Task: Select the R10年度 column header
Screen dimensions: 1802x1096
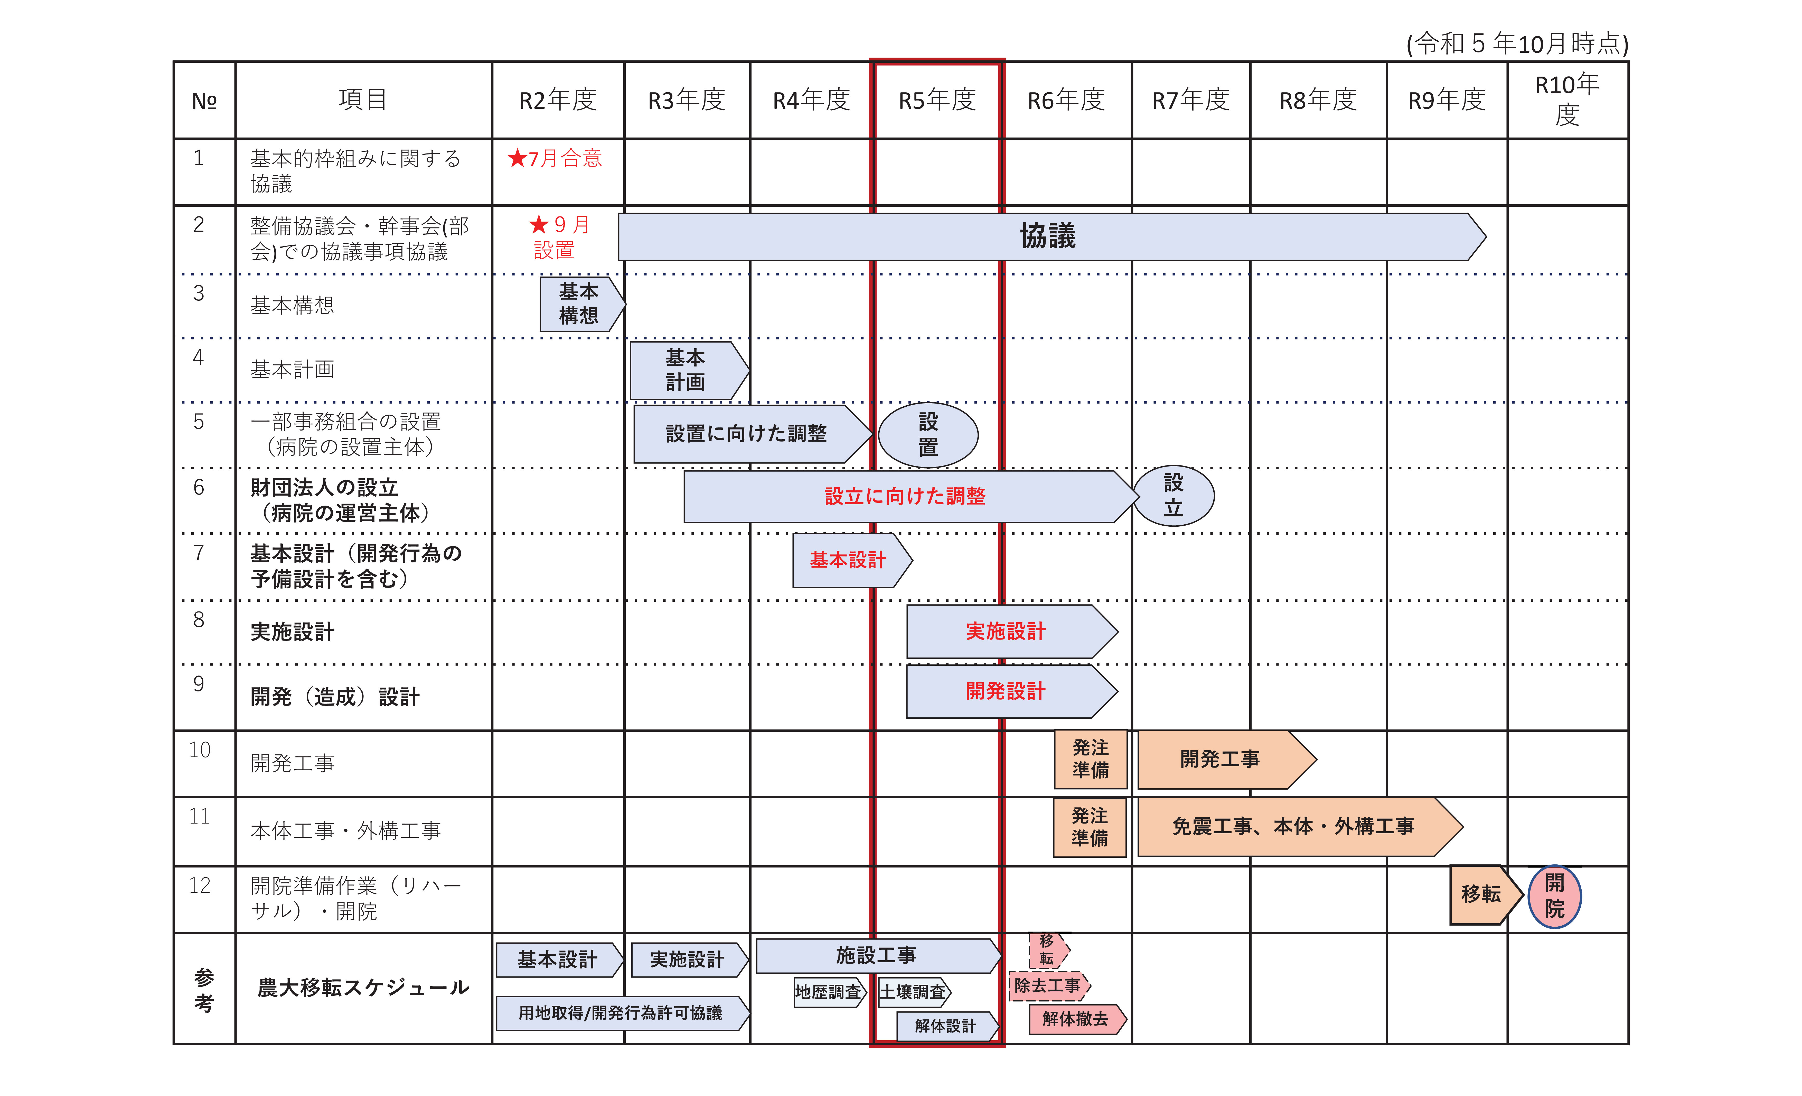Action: tap(1567, 99)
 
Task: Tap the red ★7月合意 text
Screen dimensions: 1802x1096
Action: tap(554, 158)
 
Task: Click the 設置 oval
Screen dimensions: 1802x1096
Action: tap(928, 435)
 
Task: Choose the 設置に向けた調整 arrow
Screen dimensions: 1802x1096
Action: tap(753, 434)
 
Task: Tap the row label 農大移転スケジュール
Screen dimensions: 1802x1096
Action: tap(363, 988)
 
